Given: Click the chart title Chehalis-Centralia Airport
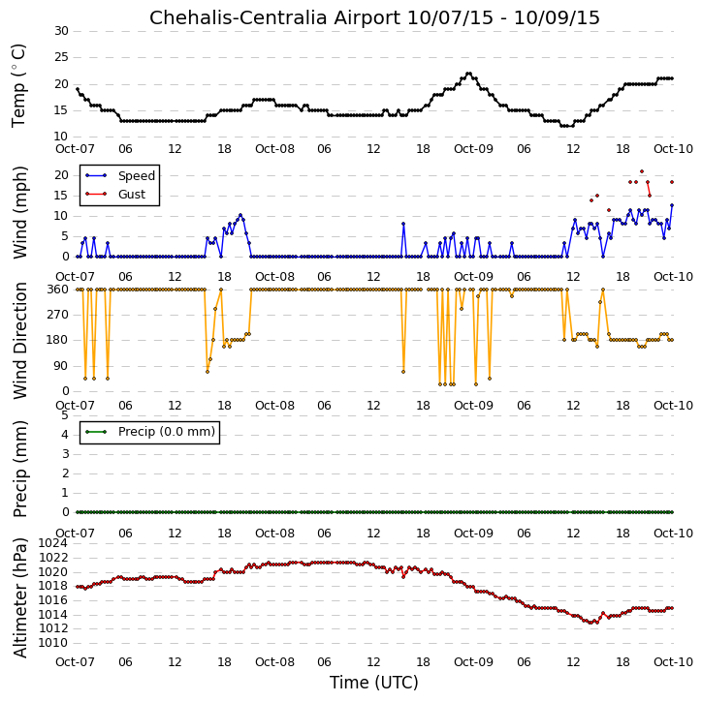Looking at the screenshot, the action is [274, 17].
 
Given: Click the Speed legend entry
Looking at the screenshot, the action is [120, 176].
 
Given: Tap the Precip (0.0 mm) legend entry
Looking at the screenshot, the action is [150, 432].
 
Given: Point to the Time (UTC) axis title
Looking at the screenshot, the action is [374, 683].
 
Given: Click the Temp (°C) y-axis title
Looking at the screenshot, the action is [18, 86].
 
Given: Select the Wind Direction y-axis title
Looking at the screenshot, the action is [19, 341].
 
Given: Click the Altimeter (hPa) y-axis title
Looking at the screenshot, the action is [19, 597].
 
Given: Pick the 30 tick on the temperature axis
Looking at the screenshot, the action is [61, 31].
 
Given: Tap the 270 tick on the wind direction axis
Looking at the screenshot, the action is [58, 315].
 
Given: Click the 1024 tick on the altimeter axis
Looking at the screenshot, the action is [53, 543].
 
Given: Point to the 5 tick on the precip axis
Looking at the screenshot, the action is [65, 415].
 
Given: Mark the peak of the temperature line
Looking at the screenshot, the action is [468, 74].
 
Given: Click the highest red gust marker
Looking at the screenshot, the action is [642, 171].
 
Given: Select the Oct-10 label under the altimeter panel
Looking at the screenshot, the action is [673, 661].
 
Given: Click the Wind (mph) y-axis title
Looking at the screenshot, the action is [19, 213].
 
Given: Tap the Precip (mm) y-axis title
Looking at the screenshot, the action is [19, 470].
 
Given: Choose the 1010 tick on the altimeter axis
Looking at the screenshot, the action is [53, 643].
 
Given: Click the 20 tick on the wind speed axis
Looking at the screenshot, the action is [61, 175].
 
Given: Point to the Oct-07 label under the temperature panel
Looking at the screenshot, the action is [75, 149].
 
